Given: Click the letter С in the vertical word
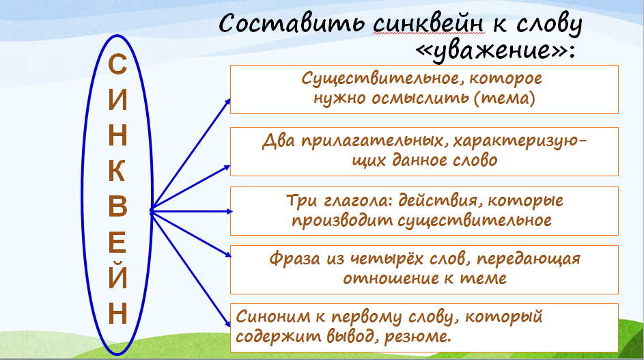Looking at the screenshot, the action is [117, 64].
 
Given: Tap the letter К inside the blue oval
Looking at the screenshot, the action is [117, 170].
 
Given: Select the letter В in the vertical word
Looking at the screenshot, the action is [117, 206].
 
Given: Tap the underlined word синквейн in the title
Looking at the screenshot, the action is [428, 24].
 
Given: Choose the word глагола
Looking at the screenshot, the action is [357, 200].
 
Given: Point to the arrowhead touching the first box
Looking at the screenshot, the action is [227, 102].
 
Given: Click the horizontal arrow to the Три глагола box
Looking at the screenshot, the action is [191, 211].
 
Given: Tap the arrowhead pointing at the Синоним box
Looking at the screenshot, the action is [227, 323].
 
